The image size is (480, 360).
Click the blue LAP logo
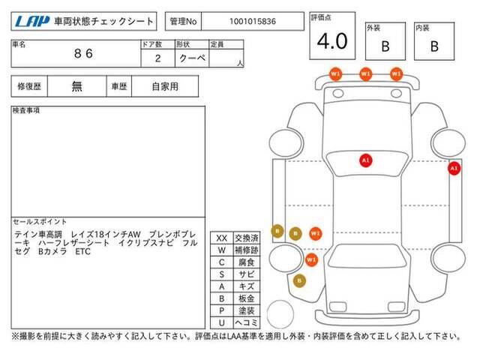pyautogui.click(x=32, y=22)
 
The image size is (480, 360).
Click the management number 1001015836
pyautogui.click(x=253, y=22)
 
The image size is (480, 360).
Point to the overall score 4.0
pyautogui.click(x=332, y=41)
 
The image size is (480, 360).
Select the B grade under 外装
pyautogui.click(x=385, y=46)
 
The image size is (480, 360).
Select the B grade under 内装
pyautogui.click(x=434, y=46)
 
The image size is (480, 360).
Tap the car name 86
pyautogui.click(x=83, y=53)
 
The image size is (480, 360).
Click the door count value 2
pyautogui.click(x=158, y=58)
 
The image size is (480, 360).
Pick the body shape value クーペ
pyautogui.click(x=192, y=58)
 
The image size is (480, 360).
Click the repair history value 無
pyautogui.click(x=76, y=86)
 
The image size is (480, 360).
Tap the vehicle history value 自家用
pyautogui.click(x=165, y=87)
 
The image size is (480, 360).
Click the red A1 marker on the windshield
pyautogui.click(x=365, y=160)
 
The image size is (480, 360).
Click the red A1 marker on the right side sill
pyautogui.click(x=454, y=168)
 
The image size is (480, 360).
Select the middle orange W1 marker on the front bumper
pyautogui.click(x=365, y=74)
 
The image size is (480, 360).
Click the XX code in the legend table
pyautogui.click(x=222, y=238)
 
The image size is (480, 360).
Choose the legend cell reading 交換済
pyautogui.click(x=247, y=238)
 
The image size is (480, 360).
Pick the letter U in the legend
pyautogui.click(x=222, y=322)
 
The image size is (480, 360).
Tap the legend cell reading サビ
pyautogui.click(x=247, y=274)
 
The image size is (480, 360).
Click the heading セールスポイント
pyautogui.click(x=40, y=222)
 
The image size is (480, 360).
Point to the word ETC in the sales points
pyautogui.click(x=83, y=252)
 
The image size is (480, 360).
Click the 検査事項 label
pyautogui.click(x=26, y=110)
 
